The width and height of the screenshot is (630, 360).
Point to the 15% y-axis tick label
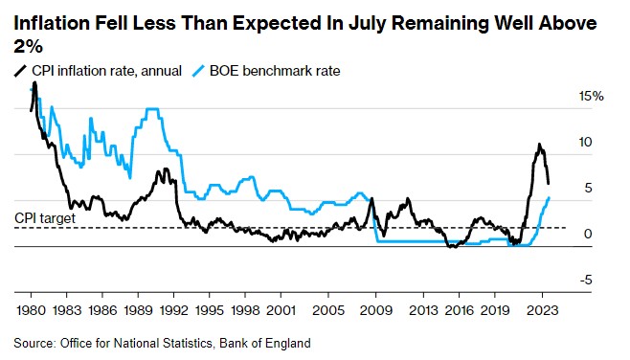591,97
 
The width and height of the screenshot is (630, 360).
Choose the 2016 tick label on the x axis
459,311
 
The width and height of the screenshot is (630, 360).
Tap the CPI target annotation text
45,218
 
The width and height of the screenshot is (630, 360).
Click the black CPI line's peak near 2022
539,145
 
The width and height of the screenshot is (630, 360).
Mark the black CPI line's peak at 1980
34,83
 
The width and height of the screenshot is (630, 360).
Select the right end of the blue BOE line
549,197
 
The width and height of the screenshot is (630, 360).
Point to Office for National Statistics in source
132,342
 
